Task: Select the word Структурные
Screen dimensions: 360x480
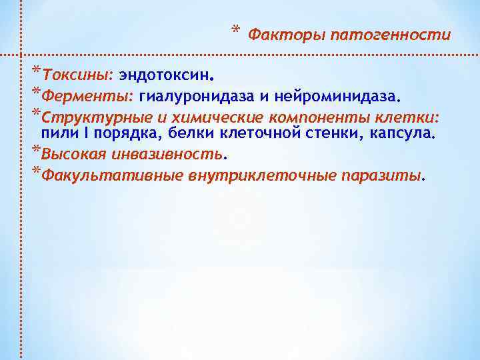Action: click(x=86, y=119)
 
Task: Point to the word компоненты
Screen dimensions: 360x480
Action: click(x=297, y=119)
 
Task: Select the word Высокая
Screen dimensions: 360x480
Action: click(x=70, y=154)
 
